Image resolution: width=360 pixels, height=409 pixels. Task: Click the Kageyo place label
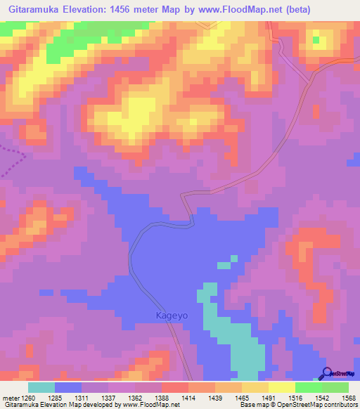[x=172, y=316]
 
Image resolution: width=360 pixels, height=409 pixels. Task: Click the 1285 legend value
[x=68, y=397]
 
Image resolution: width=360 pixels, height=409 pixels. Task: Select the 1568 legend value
[x=347, y=397]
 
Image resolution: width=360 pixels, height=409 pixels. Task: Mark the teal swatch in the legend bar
[x=41, y=387]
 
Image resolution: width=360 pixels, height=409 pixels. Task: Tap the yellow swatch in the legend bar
[x=282, y=387]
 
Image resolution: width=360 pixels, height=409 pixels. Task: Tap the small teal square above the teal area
[x=224, y=265]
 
